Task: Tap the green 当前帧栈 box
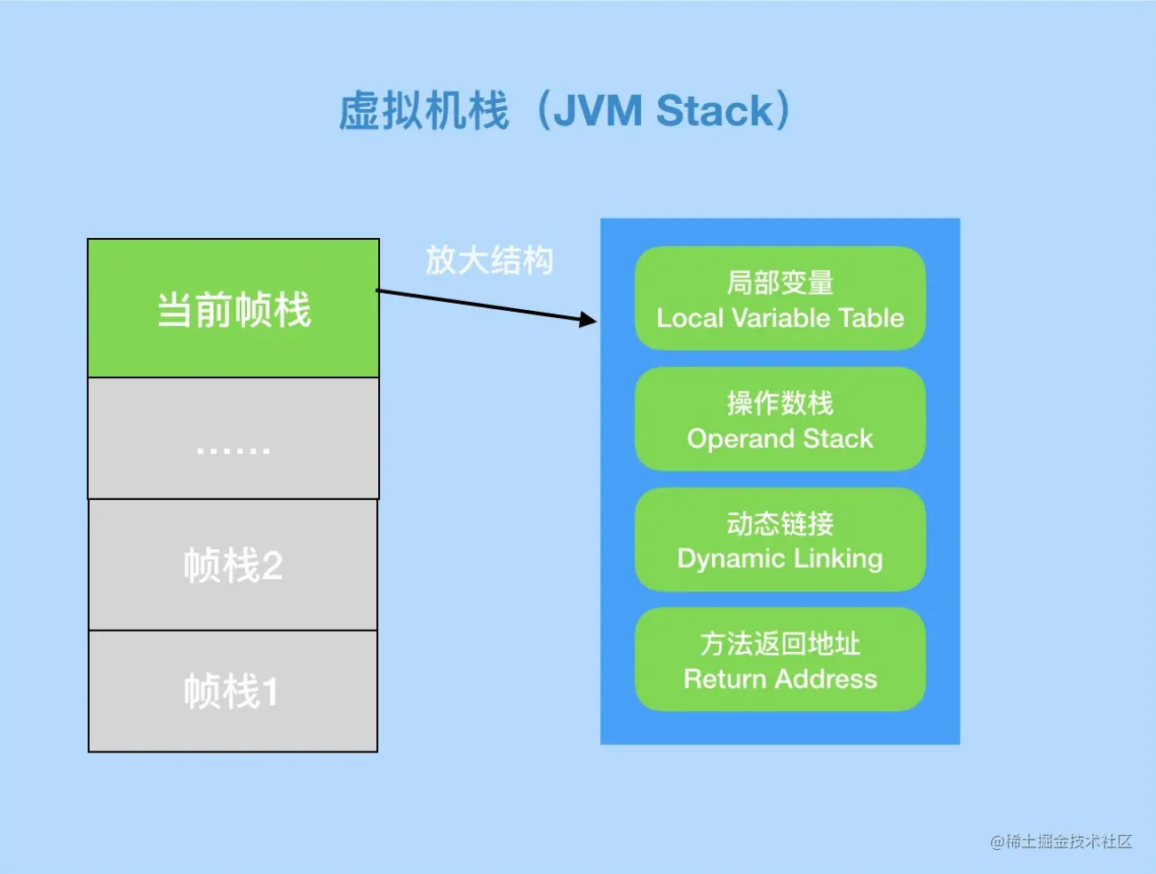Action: pyautogui.click(x=234, y=308)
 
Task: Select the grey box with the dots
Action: pyautogui.click(x=234, y=439)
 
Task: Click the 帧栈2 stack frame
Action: pyautogui.click(x=234, y=565)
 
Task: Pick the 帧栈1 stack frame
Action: pyautogui.click(x=233, y=691)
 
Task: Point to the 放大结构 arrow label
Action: pyautogui.click(x=489, y=260)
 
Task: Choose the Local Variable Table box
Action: pyautogui.click(x=780, y=298)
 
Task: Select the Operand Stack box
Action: pyautogui.click(x=780, y=419)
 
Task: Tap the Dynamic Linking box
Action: pyautogui.click(x=780, y=539)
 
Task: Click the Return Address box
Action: pyautogui.click(x=780, y=659)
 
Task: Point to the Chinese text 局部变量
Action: pyautogui.click(x=780, y=282)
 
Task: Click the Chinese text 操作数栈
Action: pyautogui.click(x=780, y=403)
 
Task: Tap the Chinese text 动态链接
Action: pyautogui.click(x=780, y=523)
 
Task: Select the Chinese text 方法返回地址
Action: pyautogui.click(x=780, y=643)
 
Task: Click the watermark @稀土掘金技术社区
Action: pyautogui.click(x=1061, y=841)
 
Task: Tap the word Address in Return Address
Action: pyautogui.click(x=826, y=679)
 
